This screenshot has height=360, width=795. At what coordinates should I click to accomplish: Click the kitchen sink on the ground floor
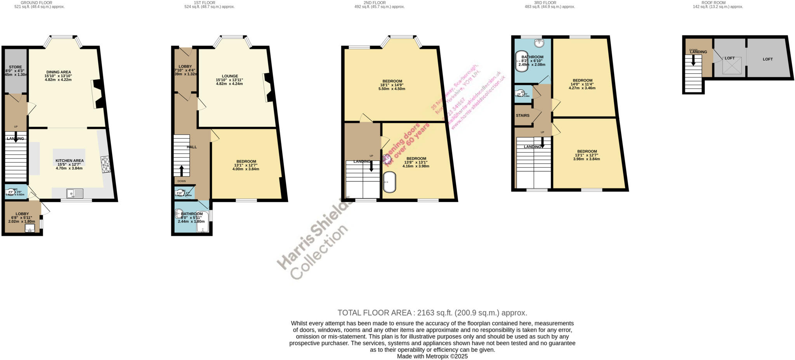(75, 193)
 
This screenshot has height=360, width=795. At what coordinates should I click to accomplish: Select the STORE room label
(16, 67)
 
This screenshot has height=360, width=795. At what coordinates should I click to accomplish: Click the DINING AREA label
(59, 72)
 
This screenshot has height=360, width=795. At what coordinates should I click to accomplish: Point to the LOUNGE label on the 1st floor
(230, 76)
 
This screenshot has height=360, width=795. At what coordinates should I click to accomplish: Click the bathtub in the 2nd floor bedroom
(389, 182)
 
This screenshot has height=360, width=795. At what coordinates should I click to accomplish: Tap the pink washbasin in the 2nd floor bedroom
(387, 159)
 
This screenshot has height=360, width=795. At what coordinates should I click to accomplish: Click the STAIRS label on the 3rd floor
(522, 115)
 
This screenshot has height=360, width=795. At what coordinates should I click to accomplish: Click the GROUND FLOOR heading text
(36, 3)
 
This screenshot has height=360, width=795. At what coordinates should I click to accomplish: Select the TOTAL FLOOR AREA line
(432, 313)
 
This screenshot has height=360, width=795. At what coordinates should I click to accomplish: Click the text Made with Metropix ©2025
(432, 356)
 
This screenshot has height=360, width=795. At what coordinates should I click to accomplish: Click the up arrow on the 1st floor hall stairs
(181, 171)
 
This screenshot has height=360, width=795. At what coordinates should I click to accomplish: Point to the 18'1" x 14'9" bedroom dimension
(392, 85)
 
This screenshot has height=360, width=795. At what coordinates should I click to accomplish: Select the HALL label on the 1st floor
(192, 147)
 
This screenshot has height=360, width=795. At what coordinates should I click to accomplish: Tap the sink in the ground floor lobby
(30, 229)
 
